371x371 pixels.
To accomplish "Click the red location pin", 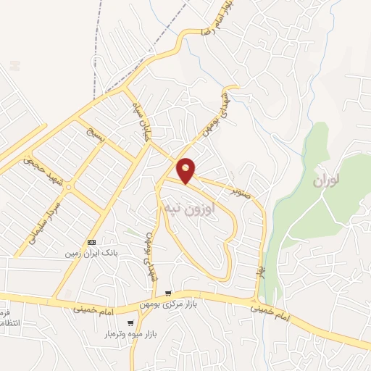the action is click(186, 170).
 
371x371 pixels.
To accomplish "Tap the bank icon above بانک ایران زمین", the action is click(91, 241).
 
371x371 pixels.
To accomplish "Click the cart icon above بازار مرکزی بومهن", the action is click(168, 293).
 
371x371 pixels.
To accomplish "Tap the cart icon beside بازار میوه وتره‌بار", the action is click(130, 324).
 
